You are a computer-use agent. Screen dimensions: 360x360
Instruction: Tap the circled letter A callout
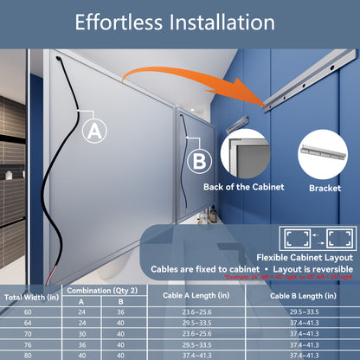pyautogui.click(x=95, y=131)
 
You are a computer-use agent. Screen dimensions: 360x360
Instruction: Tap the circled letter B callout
pyautogui.click(x=198, y=160)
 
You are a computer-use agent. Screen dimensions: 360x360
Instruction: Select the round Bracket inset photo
pyautogui.click(x=325, y=152)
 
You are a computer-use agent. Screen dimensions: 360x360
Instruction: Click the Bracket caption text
pyautogui.click(x=325, y=186)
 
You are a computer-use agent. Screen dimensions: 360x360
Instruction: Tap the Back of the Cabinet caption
pyautogui.click(x=247, y=186)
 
